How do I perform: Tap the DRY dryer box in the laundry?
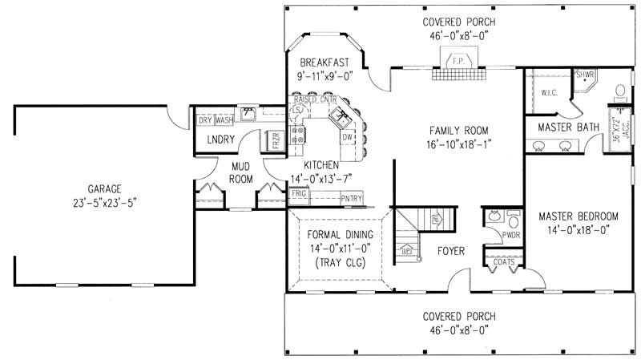point(204,120)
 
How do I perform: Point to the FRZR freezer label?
point(275,140)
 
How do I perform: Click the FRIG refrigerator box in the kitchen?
point(299,195)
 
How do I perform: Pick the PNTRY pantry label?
point(351,198)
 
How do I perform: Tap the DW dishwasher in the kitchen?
point(347,138)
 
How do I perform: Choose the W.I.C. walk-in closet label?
point(549,92)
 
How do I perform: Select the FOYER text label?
point(451,251)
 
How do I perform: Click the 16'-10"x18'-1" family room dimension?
point(458,145)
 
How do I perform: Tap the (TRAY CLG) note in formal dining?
point(337,263)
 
